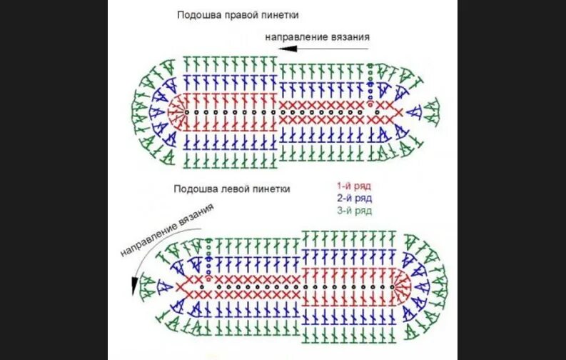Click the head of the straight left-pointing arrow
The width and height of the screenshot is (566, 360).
[283, 49]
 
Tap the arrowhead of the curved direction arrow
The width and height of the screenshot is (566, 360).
[133, 290]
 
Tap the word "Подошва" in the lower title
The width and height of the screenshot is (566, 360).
[192, 189]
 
